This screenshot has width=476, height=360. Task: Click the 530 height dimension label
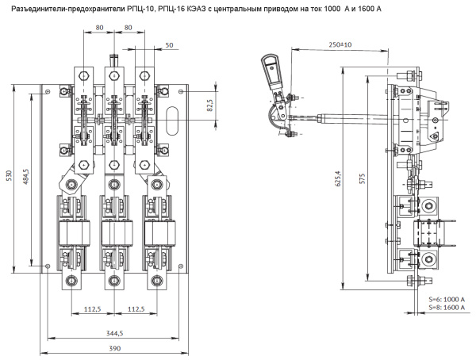[x=10, y=175]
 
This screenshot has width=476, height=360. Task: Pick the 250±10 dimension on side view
[x=340, y=44]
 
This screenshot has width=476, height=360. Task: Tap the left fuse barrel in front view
[x=70, y=236]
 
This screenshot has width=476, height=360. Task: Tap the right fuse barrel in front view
[x=155, y=236]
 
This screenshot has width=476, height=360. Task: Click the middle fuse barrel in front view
[x=112, y=236]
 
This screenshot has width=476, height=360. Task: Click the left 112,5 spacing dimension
[x=91, y=308]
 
